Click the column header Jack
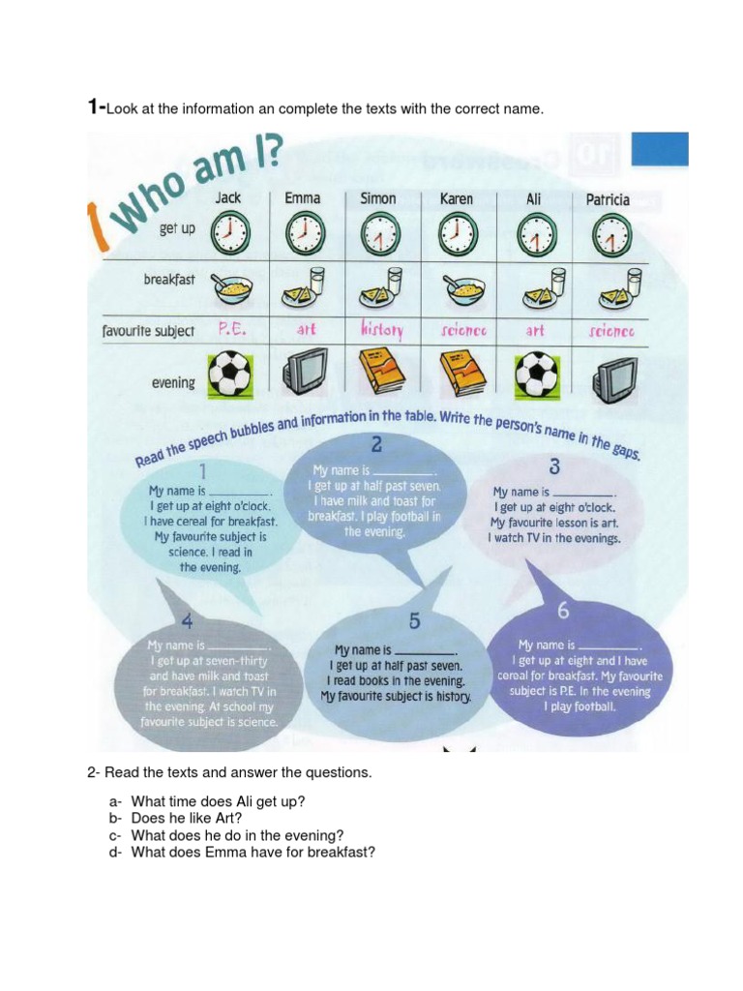click(x=228, y=198)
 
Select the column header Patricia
click(x=608, y=199)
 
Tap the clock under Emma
click(x=305, y=233)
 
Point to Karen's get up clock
click(x=457, y=233)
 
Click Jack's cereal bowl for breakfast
click(x=232, y=286)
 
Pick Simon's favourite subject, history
click(x=381, y=330)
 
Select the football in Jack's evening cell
click(x=229, y=373)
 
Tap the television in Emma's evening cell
click(x=305, y=371)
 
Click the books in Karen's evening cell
click(x=461, y=372)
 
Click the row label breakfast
click(x=169, y=280)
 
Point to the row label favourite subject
click(x=148, y=331)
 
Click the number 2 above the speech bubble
click(x=376, y=445)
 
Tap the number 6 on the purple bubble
click(x=563, y=611)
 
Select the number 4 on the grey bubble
click(x=187, y=621)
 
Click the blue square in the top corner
click(x=660, y=150)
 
